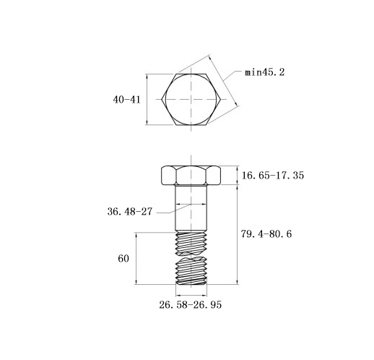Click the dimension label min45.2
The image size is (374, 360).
264,72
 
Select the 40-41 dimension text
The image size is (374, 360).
126,100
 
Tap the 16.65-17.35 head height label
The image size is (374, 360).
273,175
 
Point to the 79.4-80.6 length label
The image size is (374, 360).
266,233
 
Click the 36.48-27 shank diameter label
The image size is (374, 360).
130,212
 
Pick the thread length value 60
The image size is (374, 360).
123,259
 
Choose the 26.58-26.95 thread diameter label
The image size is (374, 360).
190,305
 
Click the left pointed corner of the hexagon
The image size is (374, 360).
162,99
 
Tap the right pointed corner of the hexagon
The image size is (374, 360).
220,99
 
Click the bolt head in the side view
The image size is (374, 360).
191,176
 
